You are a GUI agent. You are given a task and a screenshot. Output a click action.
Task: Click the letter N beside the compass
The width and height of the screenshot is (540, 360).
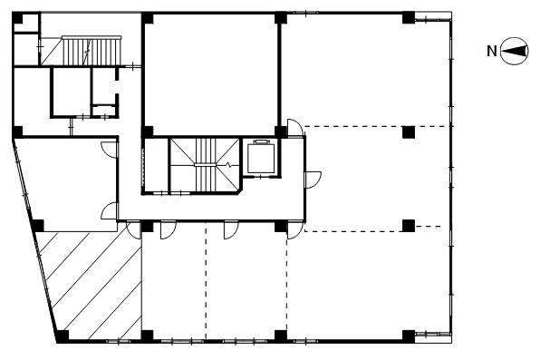[492, 52]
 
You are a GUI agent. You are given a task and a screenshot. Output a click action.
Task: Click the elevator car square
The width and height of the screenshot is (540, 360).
[261, 159]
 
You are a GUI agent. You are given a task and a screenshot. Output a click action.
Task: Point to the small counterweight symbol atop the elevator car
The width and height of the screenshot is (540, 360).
[261, 141]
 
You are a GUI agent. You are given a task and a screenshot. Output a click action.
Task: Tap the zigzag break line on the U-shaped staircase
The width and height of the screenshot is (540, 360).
[228, 164]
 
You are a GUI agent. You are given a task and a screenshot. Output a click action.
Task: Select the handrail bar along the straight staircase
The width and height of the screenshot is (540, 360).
[92, 37]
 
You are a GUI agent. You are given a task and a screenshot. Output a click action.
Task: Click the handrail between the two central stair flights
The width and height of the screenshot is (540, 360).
[206, 165]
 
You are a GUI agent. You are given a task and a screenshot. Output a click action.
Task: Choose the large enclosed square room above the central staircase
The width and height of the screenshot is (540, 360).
[210, 75]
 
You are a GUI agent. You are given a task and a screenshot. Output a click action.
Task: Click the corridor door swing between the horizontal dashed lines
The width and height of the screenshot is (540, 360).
[313, 180]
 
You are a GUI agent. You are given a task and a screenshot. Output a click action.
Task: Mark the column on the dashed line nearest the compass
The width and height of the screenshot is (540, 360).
[409, 132]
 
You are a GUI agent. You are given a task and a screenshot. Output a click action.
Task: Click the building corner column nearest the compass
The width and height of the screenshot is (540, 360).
[409, 18]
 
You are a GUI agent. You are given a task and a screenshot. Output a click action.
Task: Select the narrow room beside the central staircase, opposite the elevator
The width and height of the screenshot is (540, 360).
[155, 166]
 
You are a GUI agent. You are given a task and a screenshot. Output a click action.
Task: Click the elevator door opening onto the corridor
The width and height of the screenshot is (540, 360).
[261, 177]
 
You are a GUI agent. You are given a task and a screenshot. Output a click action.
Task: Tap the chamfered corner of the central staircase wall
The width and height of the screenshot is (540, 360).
[239, 190]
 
